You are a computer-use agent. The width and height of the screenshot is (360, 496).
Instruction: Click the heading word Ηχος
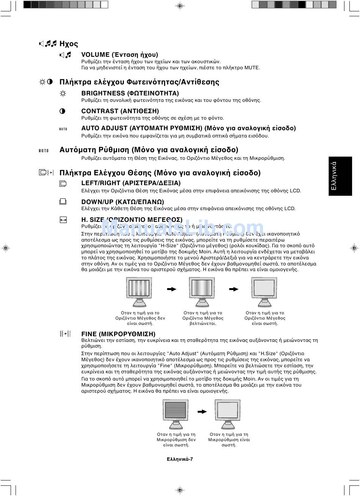[x=69, y=44]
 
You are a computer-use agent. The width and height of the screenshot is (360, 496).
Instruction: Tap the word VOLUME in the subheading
[x=95, y=55]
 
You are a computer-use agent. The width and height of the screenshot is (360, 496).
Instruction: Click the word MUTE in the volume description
[x=252, y=68]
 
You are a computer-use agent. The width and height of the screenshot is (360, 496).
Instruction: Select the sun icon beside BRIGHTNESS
[x=63, y=94]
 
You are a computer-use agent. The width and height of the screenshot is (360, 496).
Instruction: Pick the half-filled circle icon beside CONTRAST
[x=63, y=111]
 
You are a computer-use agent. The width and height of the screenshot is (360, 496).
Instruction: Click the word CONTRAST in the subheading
[x=100, y=111]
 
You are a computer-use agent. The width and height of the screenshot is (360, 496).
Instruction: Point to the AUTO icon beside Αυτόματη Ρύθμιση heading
[x=44, y=151]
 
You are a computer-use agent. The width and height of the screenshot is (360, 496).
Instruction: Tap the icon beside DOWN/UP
[x=63, y=202]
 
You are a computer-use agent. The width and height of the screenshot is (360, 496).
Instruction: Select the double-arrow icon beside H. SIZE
[x=63, y=220]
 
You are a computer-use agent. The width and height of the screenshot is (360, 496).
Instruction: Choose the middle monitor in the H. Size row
[x=202, y=290]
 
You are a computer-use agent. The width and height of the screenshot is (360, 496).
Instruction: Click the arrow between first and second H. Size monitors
[x=172, y=289]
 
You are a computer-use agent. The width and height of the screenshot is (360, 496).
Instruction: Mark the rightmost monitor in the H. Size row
[x=264, y=290]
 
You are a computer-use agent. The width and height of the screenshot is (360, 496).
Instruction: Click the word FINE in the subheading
[x=89, y=334]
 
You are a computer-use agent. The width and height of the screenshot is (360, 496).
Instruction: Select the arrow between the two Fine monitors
[x=202, y=412]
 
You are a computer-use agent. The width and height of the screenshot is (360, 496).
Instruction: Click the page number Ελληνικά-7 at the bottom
[x=180, y=459]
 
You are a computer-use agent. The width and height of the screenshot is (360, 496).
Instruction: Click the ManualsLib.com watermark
[x=183, y=228]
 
